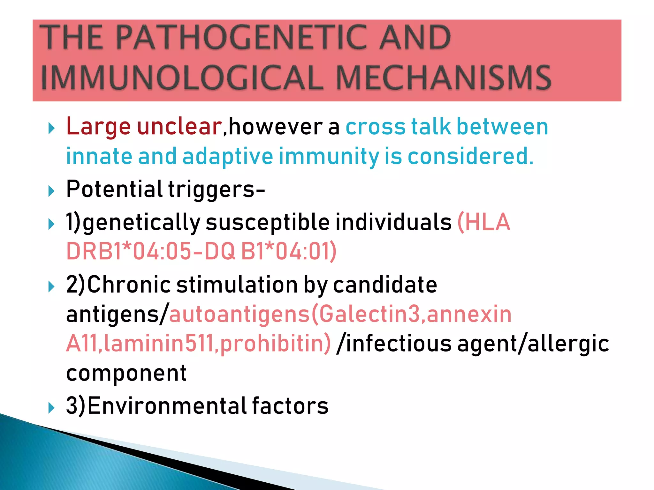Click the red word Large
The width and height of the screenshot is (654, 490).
click(x=98, y=127)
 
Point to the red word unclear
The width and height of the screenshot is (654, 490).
click(x=179, y=127)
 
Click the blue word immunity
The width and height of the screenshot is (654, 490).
click(x=329, y=157)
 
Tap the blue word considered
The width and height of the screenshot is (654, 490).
click(x=470, y=157)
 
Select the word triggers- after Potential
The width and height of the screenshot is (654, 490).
click(x=217, y=189)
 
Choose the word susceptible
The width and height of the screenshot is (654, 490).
click(x=267, y=222)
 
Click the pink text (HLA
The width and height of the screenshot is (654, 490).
click(x=484, y=222)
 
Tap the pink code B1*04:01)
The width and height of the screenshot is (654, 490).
click(x=289, y=252)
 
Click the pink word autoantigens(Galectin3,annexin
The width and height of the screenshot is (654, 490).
click(x=340, y=315)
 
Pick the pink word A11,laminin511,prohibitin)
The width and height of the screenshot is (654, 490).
click(x=198, y=344)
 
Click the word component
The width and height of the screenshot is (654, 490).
click(x=126, y=373)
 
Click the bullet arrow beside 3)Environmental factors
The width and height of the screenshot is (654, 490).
click(x=51, y=408)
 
